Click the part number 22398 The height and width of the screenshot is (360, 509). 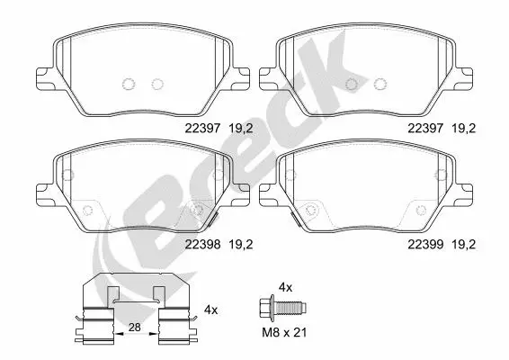(x=202, y=243)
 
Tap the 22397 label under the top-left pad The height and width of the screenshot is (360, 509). (x=202, y=129)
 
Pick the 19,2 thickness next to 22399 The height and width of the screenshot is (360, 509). (x=463, y=243)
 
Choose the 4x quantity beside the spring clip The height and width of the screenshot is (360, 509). (x=211, y=309)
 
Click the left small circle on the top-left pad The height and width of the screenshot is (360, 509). (x=127, y=85)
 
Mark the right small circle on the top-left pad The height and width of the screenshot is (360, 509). (x=157, y=85)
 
